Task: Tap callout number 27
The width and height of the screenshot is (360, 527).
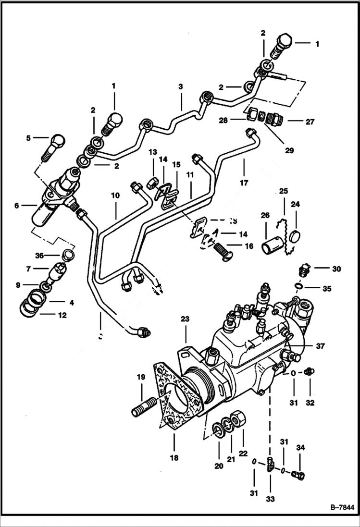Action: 310,122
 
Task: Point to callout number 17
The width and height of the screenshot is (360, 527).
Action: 244,183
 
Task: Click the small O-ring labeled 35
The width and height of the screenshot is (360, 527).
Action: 299,287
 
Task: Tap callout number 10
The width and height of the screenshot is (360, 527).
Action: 115,196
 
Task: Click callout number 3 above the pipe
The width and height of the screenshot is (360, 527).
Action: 181,87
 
